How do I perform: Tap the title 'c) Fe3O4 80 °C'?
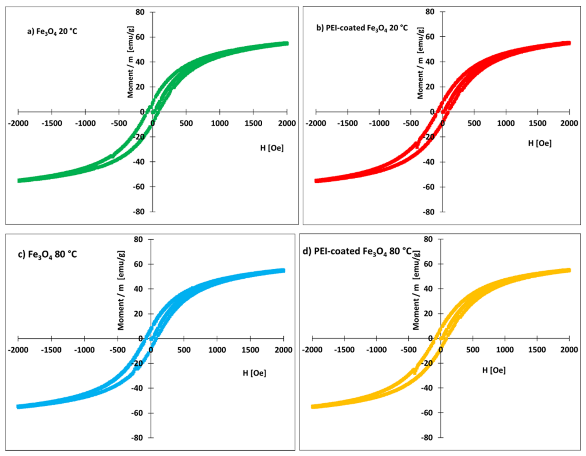pyautogui.click(x=48, y=254)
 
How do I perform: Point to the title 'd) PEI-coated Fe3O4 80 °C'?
pyautogui.click(x=357, y=251)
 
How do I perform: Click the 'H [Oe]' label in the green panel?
pyautogui.click(x=272, y=148)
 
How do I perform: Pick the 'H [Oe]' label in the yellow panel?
pyautogui.click(x=494, y=370)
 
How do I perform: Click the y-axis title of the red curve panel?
pyautogui.click(x=421, y=63)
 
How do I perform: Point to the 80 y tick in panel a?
pyautogui.click(x=140, y=12)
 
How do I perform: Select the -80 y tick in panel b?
pyautogui.click(x=429, y=212)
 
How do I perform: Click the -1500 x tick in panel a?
pyautogui.click(x=52, y=123)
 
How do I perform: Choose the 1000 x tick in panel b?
pyautogui.click(x=506, y=123)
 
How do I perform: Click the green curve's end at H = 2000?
pyautogui.click(x=287, y=44)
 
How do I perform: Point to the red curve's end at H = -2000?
pyautogui.click(x=316, y=181)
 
